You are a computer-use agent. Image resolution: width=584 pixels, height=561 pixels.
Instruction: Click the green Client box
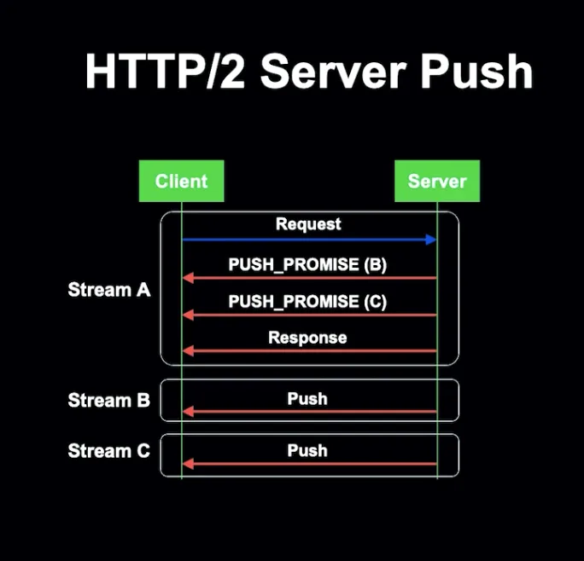(181, 181)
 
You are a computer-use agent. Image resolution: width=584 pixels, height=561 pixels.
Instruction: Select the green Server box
(437, 181)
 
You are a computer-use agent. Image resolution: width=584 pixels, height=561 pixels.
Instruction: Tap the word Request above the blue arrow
(308, 224)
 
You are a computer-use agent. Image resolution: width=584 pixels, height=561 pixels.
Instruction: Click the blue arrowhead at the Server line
(431, 240)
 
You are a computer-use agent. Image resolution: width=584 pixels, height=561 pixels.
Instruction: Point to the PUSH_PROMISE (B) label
(307, 264)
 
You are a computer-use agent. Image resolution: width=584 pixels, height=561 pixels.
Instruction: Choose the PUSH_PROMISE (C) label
(307, 301)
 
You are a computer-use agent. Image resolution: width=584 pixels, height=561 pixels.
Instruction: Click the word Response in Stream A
(307, 338)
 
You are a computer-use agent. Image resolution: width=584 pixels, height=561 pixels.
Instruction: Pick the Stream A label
(109, 289)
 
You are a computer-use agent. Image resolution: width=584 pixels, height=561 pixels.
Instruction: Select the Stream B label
(108, 400)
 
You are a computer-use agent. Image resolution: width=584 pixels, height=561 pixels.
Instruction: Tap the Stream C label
(108, 450)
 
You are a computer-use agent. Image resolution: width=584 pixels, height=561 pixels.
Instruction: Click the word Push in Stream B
(307, 399)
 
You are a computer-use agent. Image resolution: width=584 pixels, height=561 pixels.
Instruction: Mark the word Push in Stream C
(307, 450)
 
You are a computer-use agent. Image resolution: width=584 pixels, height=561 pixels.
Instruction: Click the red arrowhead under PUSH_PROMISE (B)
(188, 278)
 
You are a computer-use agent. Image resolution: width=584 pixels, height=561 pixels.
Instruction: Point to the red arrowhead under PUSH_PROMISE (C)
(188, 315)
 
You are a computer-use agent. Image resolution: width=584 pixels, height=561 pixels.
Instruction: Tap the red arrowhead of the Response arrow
(188, 350)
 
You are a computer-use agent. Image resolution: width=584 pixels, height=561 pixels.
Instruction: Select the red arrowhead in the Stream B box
(188, 412)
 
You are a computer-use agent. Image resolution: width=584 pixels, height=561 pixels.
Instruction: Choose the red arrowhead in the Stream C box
(188, 464)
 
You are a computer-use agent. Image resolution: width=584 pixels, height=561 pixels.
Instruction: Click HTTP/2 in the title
(166, 71)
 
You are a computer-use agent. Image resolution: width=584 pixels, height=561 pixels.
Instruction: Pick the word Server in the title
(333, 71)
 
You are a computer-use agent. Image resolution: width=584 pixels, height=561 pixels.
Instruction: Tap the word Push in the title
(477, 71)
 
